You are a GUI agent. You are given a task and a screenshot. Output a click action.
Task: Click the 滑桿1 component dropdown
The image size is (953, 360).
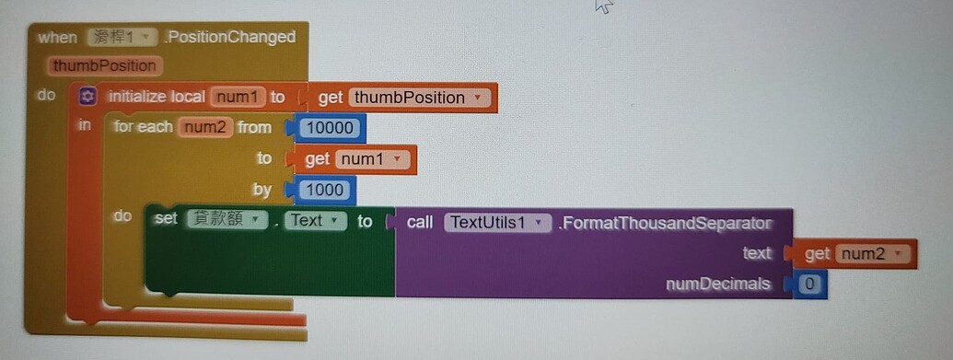pyautogui.click(x=122, y=38)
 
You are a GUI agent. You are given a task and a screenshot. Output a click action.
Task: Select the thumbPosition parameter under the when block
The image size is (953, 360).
pyautogui.click(x=105, y=66)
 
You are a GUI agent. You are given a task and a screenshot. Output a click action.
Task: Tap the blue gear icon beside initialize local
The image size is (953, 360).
pyautogui.click(x=87, y=97)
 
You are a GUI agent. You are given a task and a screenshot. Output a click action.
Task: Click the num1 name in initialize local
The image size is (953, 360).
pyautogui.click(x=238, y=97)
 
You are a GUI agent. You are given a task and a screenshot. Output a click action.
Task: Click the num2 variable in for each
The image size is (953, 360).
pyautogui.click(x=204, y=127)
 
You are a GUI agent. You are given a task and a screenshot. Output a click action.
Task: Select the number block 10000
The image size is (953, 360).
pyautogui.click(x=331, y=128)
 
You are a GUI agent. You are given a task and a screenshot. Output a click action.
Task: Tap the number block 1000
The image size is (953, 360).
pyautogui.click(x=325, y=191)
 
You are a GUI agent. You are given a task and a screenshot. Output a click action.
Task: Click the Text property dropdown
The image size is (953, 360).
pyautogui.click(x=315, y=221)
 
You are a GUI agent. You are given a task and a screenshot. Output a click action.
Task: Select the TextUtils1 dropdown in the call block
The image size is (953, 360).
pyautogui.click(x=497, y=222)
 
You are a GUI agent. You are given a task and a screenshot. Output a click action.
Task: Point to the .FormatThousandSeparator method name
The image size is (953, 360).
pyautogui.click(x=664, y=223)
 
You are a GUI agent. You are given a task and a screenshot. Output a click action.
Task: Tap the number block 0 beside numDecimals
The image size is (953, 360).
pyautogui.click(x=809, y=284)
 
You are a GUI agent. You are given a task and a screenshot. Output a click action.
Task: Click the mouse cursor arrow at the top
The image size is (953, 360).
pyautogui.click(x=603, y=6)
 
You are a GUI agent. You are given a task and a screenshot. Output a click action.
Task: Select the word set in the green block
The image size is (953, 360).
pyautogui.click(x=166, y=221)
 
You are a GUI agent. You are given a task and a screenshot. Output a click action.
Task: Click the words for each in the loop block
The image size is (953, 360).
pyautogui.click(x=143, y=127)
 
